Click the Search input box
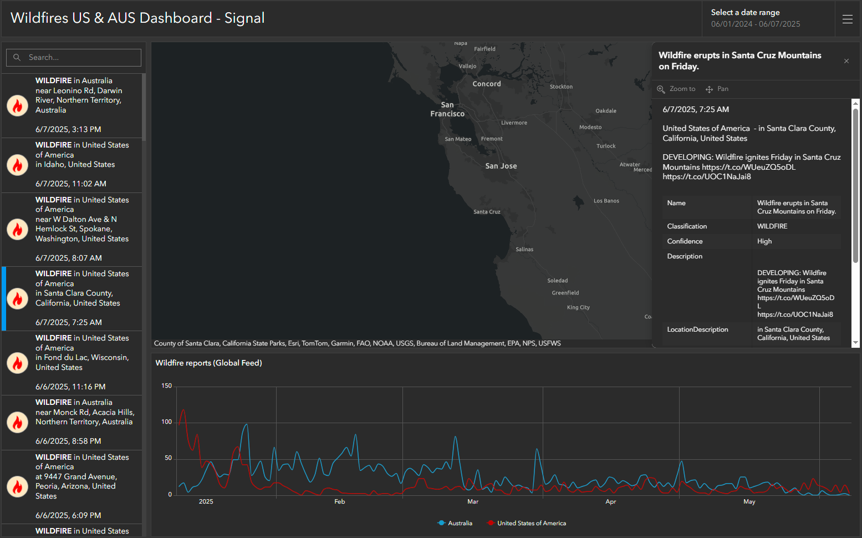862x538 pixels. click(74, 57)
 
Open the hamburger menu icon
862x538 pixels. click(848, 19)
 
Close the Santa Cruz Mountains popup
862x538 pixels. click(846, 61)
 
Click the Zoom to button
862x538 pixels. click(676, 89)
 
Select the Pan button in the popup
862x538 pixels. click(717, 89)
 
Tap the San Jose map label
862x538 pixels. click(501, 166)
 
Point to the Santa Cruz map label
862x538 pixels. click(487, 212)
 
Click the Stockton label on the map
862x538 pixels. click(561, 87)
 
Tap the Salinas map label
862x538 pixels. click(524, 249)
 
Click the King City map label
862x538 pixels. click(578, 307)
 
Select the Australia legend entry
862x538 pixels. click(455, 523)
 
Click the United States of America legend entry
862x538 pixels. click(527, 523)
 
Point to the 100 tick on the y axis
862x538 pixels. click(167, 422)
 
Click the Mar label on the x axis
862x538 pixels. click(473, 501)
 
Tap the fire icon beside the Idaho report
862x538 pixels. click(17, 165)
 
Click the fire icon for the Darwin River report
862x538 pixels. click(17, 105)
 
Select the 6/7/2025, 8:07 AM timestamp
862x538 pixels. click(69, 258)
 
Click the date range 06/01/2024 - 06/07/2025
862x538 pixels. click(756, 24)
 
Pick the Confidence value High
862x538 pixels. click(764, 241)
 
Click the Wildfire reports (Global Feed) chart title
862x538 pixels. click(208, 363)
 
